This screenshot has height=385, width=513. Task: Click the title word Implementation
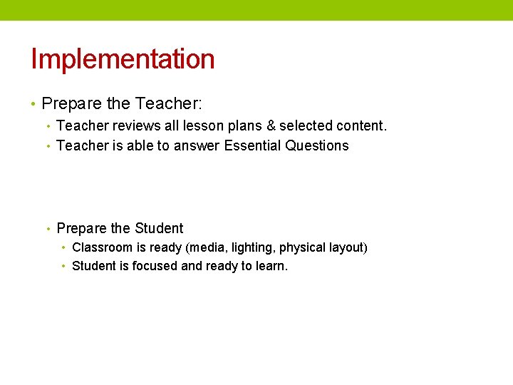123,58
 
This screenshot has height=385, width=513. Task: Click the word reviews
136,126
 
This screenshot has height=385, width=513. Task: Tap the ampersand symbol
270,126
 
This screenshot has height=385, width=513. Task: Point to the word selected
304,126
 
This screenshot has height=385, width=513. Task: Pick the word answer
197,146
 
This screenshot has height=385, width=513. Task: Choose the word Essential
252,145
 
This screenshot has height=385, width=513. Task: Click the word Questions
317,145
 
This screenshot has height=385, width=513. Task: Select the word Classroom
103,247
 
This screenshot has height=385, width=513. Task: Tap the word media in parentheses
205,248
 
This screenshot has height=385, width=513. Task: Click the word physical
303,248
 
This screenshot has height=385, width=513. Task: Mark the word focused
155,266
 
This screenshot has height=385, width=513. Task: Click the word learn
271,266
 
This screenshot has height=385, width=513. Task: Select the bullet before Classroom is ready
63,248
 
